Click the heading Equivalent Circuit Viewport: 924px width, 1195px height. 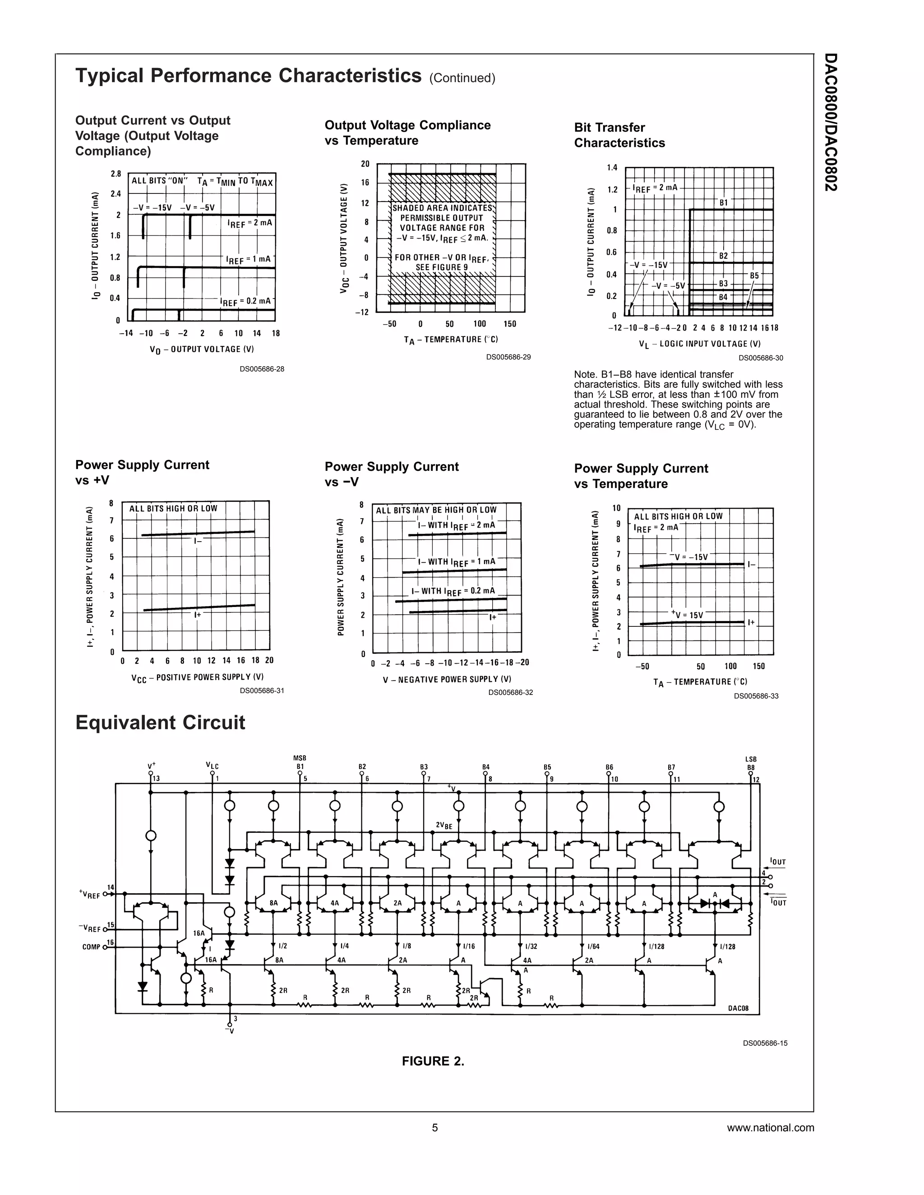tap(160, 723)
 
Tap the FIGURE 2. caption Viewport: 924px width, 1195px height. tap(433, 1062)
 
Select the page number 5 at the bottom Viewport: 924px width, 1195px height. tap(435, 1128)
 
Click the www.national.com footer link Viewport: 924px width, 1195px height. tap(770, 1128)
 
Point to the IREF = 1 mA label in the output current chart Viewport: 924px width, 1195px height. tap(249, 259)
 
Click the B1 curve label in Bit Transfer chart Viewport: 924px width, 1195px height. tap(724, 202)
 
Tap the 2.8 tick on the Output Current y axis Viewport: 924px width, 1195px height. tap(115, 174)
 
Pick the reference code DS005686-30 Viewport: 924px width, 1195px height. tap(760, 358)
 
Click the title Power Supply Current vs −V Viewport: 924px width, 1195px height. tap(391, 474)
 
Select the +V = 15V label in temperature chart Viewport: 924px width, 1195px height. tap(687, 615)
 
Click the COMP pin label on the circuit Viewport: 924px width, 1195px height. tap(92, 947)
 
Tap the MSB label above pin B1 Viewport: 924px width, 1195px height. tap(300, 758)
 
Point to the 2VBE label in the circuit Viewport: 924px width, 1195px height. tap(444, 825)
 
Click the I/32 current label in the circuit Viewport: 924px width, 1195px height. tap(531, 946)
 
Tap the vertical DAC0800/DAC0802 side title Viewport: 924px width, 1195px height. tap(831, 121)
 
